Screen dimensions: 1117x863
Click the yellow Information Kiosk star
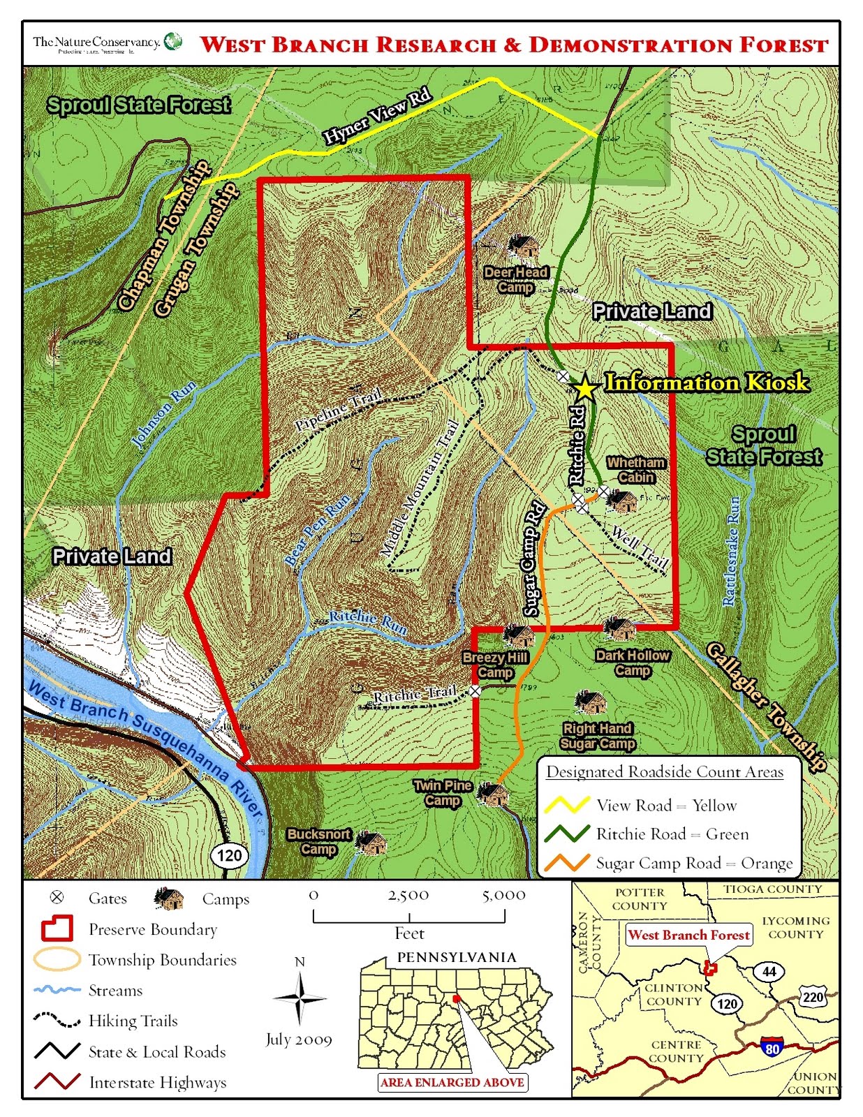584,387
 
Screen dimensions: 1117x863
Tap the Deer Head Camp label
516,280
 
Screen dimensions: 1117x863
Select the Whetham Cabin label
635,470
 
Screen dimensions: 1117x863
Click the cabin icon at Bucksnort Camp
371,843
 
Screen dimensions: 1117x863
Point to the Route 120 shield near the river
229,855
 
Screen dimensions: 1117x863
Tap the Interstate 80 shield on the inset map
772,1047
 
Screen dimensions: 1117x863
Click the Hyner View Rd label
377,117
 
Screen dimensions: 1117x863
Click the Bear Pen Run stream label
318,531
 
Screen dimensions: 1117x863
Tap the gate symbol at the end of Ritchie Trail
475,690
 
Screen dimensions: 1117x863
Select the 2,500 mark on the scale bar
408,896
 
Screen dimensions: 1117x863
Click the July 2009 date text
299,1040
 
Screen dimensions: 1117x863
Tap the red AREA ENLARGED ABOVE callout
452,1082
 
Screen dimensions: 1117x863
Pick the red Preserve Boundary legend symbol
57,929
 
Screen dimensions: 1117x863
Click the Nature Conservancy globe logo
173,40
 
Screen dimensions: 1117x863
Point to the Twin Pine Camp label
443,793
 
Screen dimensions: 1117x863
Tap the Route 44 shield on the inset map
769,971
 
